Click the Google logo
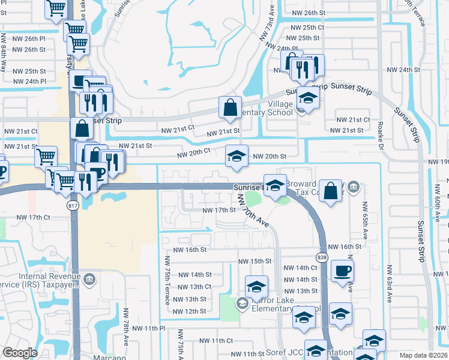click(x=20, y=353)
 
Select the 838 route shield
click(x=322, y=257)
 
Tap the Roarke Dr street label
click(x=381, y=133)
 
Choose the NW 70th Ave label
click(x=252, y=210)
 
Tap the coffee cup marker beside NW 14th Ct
click(x=342, y=271)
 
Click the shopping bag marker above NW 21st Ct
click(x=230, y=108)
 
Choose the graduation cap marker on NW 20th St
click(x=237, y=157)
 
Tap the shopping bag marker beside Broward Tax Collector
click(x=330, y=191)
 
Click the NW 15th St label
click(x=255, y=262)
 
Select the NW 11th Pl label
click(x=149, y=328)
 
